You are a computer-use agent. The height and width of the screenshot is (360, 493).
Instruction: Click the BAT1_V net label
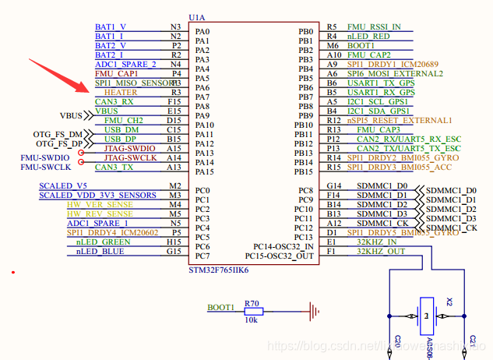click(111, 26)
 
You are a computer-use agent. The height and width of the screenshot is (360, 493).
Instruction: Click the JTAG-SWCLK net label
click(130, 157)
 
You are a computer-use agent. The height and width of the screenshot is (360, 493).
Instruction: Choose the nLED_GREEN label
click(103, 242)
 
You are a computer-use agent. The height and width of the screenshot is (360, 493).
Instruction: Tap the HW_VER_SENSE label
click(100, 204)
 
